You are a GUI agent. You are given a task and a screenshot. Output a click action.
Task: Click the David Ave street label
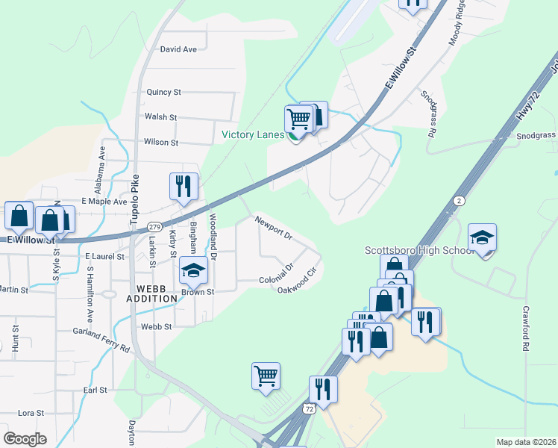(178, 49)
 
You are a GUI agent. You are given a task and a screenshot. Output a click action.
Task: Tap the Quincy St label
(164, 93)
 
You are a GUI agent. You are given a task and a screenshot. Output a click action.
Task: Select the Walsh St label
(160, 117)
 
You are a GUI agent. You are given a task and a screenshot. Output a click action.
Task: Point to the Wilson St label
(161, 142)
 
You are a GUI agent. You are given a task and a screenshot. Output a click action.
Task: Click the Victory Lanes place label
(253, 135)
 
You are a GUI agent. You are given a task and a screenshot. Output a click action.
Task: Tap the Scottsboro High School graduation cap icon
(483, 237)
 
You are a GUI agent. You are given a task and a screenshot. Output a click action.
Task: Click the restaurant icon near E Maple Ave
(184, 186)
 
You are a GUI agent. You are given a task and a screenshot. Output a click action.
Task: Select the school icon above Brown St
(193, 270)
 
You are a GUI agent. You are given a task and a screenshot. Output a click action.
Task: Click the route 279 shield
(154, 227)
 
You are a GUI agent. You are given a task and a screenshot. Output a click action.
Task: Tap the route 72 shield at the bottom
(309, 409)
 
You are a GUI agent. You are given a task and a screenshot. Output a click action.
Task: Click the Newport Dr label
(273, 226)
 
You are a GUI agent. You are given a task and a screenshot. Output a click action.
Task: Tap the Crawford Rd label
(526, 329)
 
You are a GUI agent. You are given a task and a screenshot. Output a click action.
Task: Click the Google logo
(25, 439)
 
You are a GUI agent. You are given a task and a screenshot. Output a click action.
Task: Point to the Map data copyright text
(526, 442)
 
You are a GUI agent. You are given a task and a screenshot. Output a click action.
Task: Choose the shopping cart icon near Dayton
(265, 375)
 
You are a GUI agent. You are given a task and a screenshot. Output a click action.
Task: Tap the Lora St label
(31, 412)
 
